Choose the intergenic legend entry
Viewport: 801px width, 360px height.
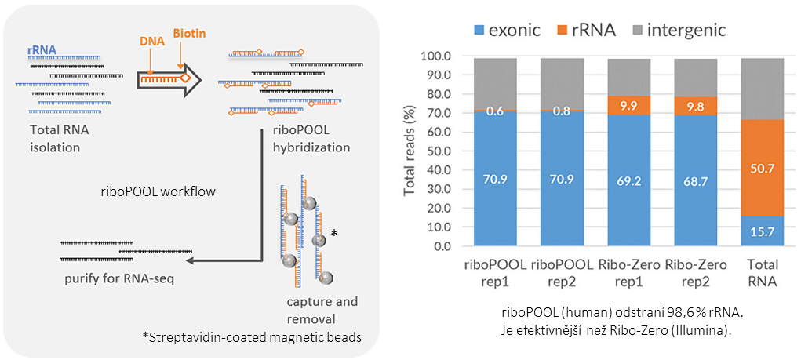(683, 31)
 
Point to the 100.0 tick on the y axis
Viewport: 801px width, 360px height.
(436, 56)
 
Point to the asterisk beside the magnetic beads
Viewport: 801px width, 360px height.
(335, 233)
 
